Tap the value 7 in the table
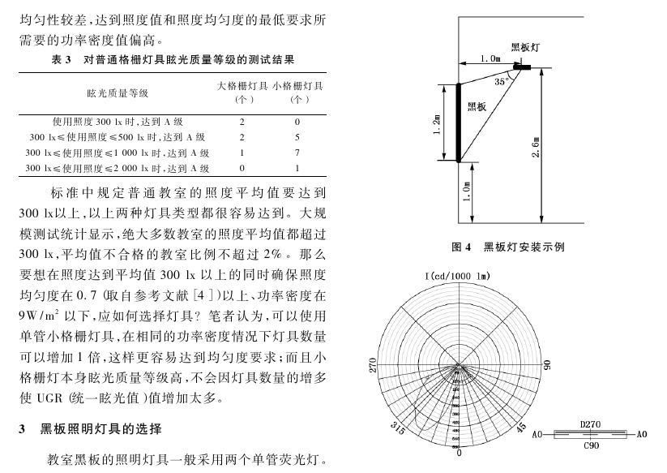pos(297,153)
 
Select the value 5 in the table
pos(297,137)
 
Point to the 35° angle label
pos(502,81)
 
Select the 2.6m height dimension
pos(536,146)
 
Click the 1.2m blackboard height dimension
pos(437,123)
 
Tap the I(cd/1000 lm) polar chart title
pos(457,277)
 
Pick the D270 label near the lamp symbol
pos(591,424)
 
